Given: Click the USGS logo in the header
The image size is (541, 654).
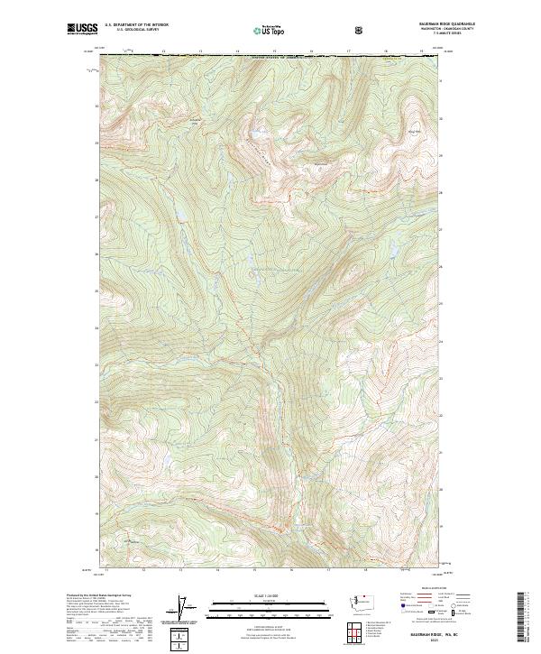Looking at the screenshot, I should tap(81, 29).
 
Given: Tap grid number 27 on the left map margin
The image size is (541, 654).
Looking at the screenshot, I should tap(96, 217).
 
